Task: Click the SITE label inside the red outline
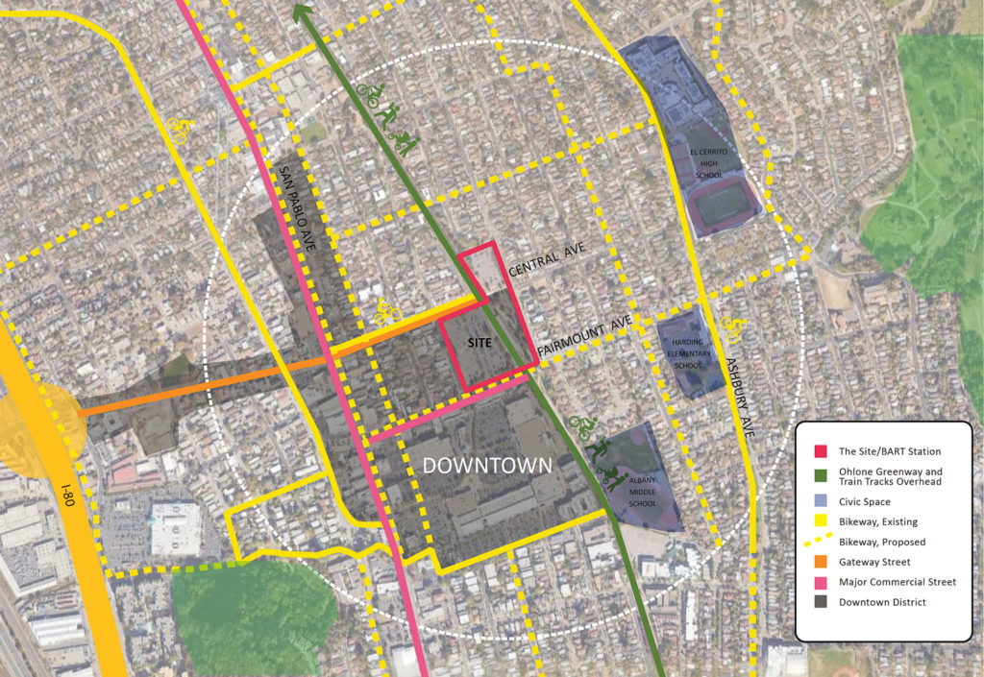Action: coord(480,342)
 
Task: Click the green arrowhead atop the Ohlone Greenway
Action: coord(303,12)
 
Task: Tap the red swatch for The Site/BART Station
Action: coord(820,450)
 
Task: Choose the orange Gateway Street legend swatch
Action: coord(820,562)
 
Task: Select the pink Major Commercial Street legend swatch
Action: coord(820,582)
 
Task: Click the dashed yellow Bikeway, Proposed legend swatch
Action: coord(820,542)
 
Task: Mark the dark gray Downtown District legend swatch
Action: coord(820,603)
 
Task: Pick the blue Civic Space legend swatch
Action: coord(820,501)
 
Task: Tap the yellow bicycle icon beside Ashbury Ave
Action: coord(729,332)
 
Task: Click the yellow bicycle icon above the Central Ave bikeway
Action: coord(387,310)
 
